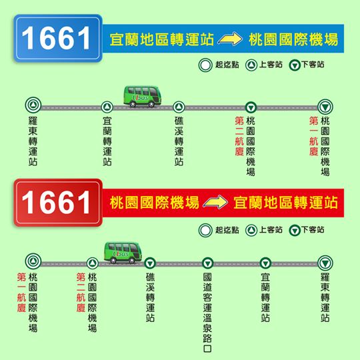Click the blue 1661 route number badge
point(58,39)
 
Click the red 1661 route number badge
point(58,203)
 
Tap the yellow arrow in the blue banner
point(230,39)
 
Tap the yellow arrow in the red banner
point(215,202)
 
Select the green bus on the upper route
point(143,97)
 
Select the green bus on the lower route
point(123,253)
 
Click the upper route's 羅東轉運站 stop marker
point(33,105)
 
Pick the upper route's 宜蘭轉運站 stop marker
point(107,107)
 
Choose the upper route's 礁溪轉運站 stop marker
point(179,107)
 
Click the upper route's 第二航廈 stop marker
point(251,107)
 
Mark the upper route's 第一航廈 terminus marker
point(325,107)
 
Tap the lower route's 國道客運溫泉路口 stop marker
point(207,263)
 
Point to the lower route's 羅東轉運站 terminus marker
point(325,263)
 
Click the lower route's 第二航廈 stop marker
point(92,263)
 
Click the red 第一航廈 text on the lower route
point(21,292)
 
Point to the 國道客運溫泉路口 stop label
point(207,313)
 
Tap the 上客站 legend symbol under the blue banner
point(251,65)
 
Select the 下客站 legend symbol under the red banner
point(295,231)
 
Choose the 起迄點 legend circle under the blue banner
point(205,65)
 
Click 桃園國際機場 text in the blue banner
point(293,39)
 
